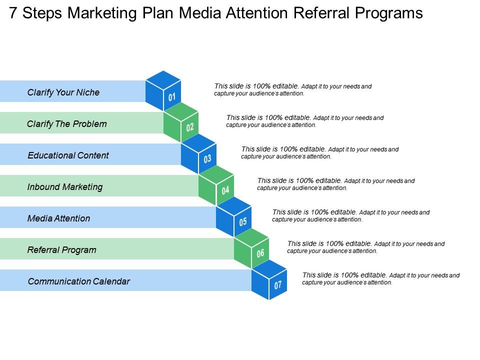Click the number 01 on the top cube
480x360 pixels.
coord(172,96)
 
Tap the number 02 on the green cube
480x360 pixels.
coord(190,127)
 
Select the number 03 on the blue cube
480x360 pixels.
coord(207,159)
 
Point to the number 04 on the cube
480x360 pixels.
coord(225,190)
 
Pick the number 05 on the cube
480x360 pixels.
coord(243,221)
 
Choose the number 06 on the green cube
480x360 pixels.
coord(260,253)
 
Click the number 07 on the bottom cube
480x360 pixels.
coord(278,285)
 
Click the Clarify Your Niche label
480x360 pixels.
coord(63,92)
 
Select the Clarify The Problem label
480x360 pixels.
coord(67,124)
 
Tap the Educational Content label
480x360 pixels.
coord(68,155)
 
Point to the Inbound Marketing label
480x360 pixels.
coord(65,187)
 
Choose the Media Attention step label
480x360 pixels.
coord(59,218)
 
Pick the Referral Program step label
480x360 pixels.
coord(62,250)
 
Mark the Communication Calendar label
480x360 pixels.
coord(79,281)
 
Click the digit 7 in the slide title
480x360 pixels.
coord(14,13)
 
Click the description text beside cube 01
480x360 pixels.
coord(293,89)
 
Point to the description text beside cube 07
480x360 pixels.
coord(381,278)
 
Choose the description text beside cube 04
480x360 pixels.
coord(336,184)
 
